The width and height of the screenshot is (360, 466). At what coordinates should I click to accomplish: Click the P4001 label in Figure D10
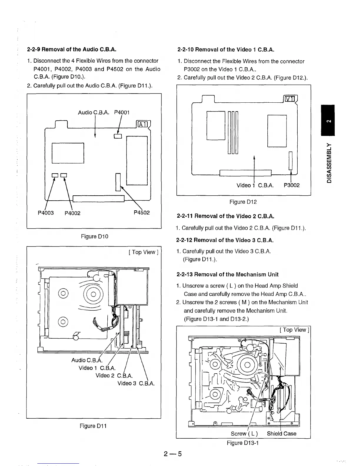[122, 112]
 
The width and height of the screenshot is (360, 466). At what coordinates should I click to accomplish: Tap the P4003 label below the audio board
[46, 212]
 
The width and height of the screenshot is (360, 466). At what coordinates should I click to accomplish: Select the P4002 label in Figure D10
[72, 213]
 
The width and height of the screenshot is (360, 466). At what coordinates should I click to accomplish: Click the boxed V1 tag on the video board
[290, 99]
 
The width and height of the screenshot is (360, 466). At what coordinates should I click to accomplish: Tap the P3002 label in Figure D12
[291, 185]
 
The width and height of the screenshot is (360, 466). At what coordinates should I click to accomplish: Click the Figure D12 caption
[243, 202]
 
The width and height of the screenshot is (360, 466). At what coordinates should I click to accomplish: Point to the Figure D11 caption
[93, 426]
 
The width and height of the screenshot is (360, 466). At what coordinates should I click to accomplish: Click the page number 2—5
[173, 454]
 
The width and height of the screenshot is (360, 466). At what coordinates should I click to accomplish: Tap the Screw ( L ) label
[244, 434]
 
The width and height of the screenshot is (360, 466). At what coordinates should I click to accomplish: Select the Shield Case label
[281, 434]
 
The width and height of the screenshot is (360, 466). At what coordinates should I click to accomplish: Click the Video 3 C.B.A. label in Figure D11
[136, 383]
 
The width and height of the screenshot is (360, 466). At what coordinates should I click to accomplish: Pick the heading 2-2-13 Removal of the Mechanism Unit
[227, 274]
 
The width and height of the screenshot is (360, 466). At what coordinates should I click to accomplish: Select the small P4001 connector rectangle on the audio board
[118, 136]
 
